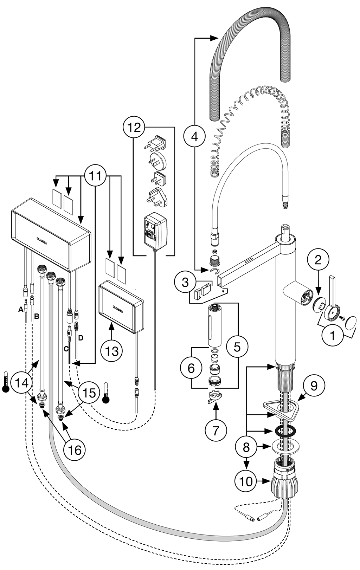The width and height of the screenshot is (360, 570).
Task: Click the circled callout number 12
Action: (x=134, y=127)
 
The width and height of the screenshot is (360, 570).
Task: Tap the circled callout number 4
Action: (x=194, y=137)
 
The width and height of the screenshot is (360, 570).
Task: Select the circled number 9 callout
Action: (x=314, y=386)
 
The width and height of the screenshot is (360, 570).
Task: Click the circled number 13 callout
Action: (x=112, y=351)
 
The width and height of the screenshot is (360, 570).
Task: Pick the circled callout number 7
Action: (x=216, y=430)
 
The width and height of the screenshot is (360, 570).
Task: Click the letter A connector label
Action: (x=21, y=309)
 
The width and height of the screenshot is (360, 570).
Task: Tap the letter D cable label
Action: (x=81, y=338)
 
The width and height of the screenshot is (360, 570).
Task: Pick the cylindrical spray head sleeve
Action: (x=213, y=325)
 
